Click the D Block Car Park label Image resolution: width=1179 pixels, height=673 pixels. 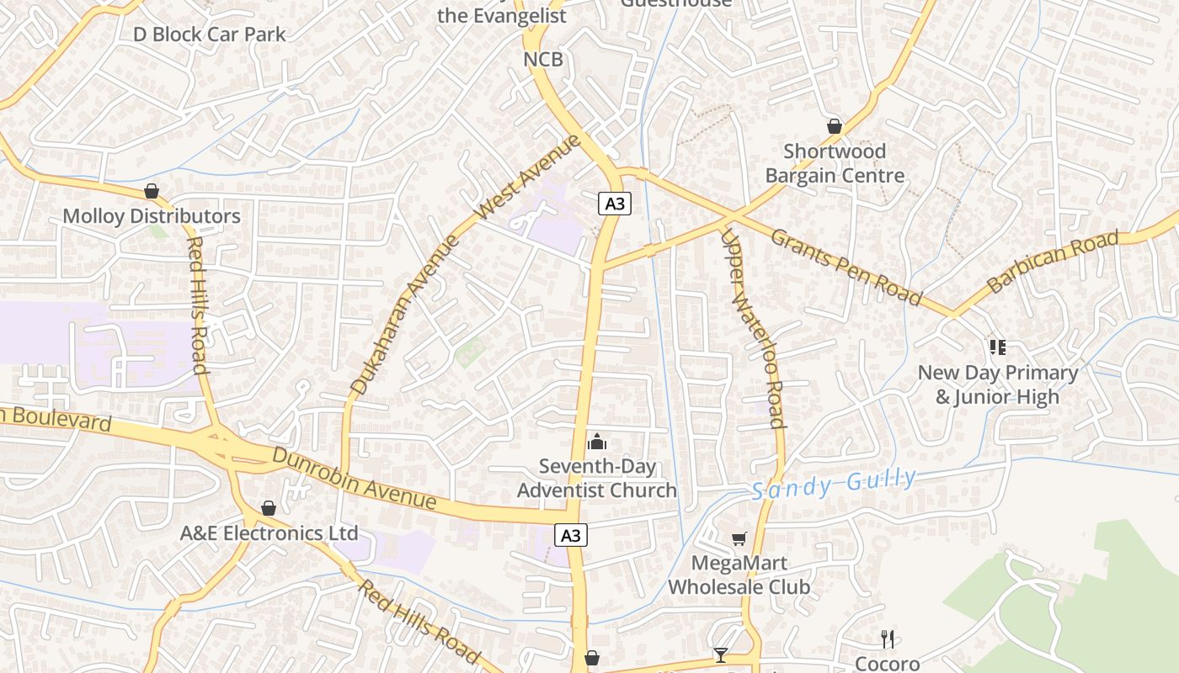pyautogui.click(x=210, y=34)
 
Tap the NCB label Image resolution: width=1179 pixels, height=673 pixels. pyautogui.click(x=543, y=59)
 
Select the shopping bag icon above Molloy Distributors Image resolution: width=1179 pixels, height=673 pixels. pyautogui.click(x=152, y=191)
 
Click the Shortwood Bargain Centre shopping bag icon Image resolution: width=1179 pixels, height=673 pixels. pyautogui.click(x=835, y=126)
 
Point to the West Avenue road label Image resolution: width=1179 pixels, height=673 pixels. pyautogui.click(x=528, y=178)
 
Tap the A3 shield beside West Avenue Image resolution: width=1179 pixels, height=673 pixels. pyautogui.click(x=615, y=203)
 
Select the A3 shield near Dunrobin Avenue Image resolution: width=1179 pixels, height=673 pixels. pyautogui.click(x=571, y=534)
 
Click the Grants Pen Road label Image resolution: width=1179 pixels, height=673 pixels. pyautogui.click(x=846, y=266)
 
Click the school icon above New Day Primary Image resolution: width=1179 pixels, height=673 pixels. pyautogui.click(x=998, y=347)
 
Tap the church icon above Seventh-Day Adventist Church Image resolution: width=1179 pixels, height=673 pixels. pyautogui.click(x=597, y=441)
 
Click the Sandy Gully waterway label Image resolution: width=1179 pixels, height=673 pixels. pyautogui.click(x=834, y=484)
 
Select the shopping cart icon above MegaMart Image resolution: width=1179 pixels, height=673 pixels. pyautogui.click(x=739, y=538)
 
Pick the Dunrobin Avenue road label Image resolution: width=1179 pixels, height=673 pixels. pyautogui.click(x=355, y=480)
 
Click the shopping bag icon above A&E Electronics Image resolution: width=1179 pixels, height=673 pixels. pyautogui.click(x=269, y=508)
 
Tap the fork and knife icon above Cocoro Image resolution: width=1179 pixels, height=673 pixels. pyautogui.click(x=888, y=639)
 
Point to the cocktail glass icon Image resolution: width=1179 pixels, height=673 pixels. pyautogui.click(x=721, y=654)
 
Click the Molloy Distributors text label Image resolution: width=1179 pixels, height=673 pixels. pyautogui.click(x=152, y=216)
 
